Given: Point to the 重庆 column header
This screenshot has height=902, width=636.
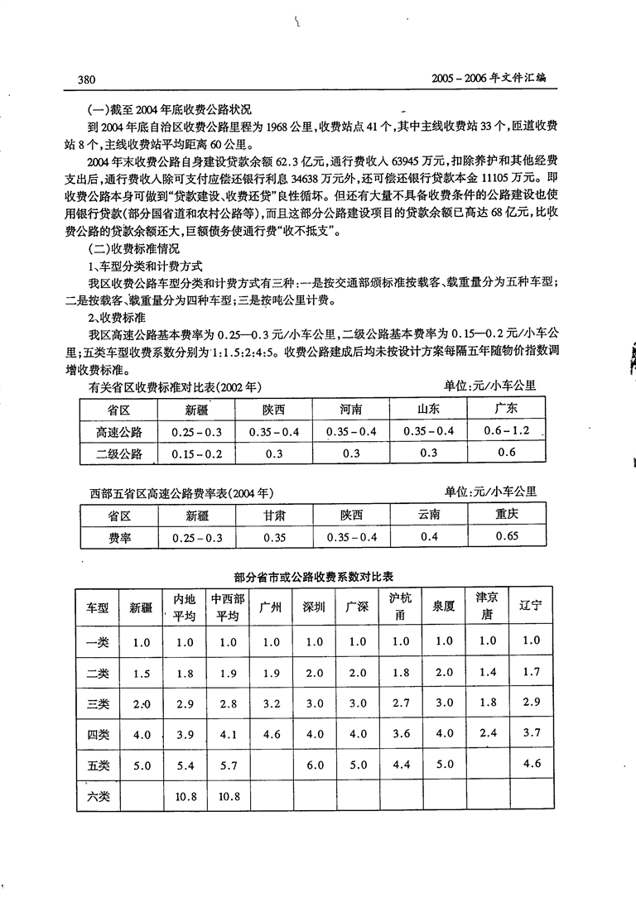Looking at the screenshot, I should (507, 515).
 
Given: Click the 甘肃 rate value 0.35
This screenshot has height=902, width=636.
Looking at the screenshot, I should (273, 537).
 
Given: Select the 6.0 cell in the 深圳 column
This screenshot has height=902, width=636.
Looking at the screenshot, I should (315, 765).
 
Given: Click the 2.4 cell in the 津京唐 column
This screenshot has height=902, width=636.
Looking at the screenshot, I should (487, 732).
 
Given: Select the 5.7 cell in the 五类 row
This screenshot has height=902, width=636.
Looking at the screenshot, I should (228, 765).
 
